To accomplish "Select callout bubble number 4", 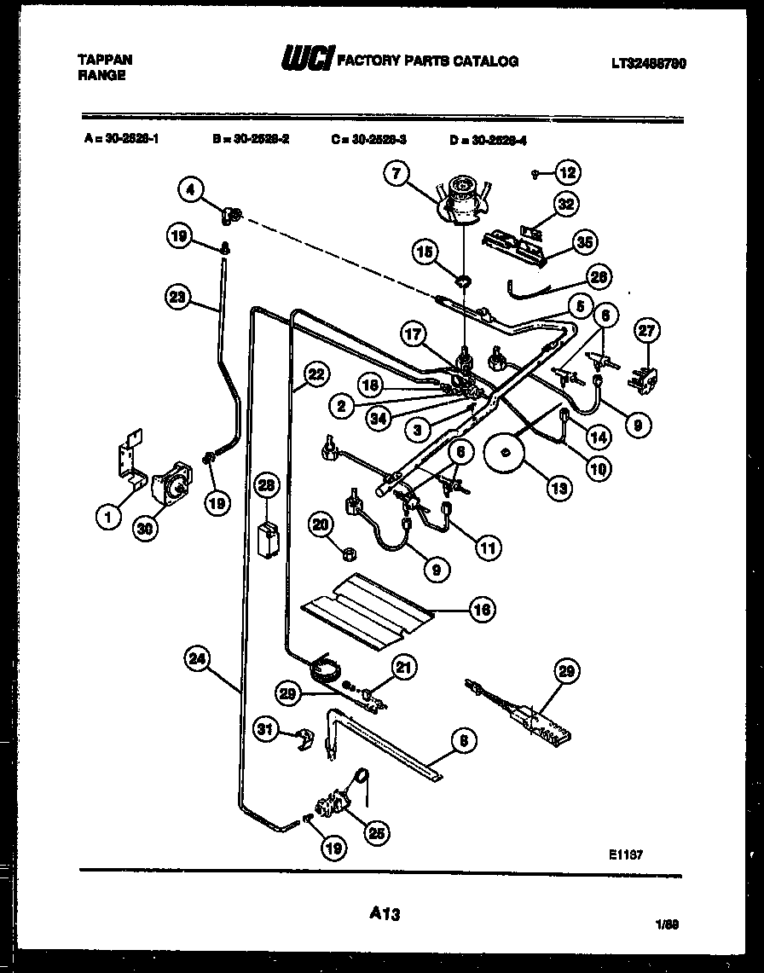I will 191,188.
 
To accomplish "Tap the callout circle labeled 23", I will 177,298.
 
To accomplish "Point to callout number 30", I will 146,528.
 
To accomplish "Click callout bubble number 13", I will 559,489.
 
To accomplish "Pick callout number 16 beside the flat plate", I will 483,610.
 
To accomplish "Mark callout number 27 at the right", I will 647,332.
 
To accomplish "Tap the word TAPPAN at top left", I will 105,61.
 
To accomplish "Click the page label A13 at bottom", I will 385,913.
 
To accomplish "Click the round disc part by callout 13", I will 506,453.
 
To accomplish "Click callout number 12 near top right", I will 567,173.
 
